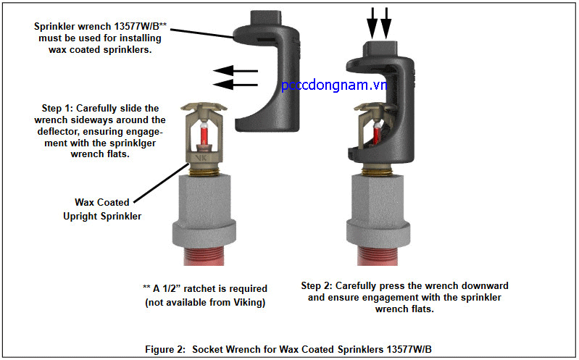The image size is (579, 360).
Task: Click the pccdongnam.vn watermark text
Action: click(333, 85)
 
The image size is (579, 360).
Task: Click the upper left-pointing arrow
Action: click(236, 71)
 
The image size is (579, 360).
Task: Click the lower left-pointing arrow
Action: click(236, 84)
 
